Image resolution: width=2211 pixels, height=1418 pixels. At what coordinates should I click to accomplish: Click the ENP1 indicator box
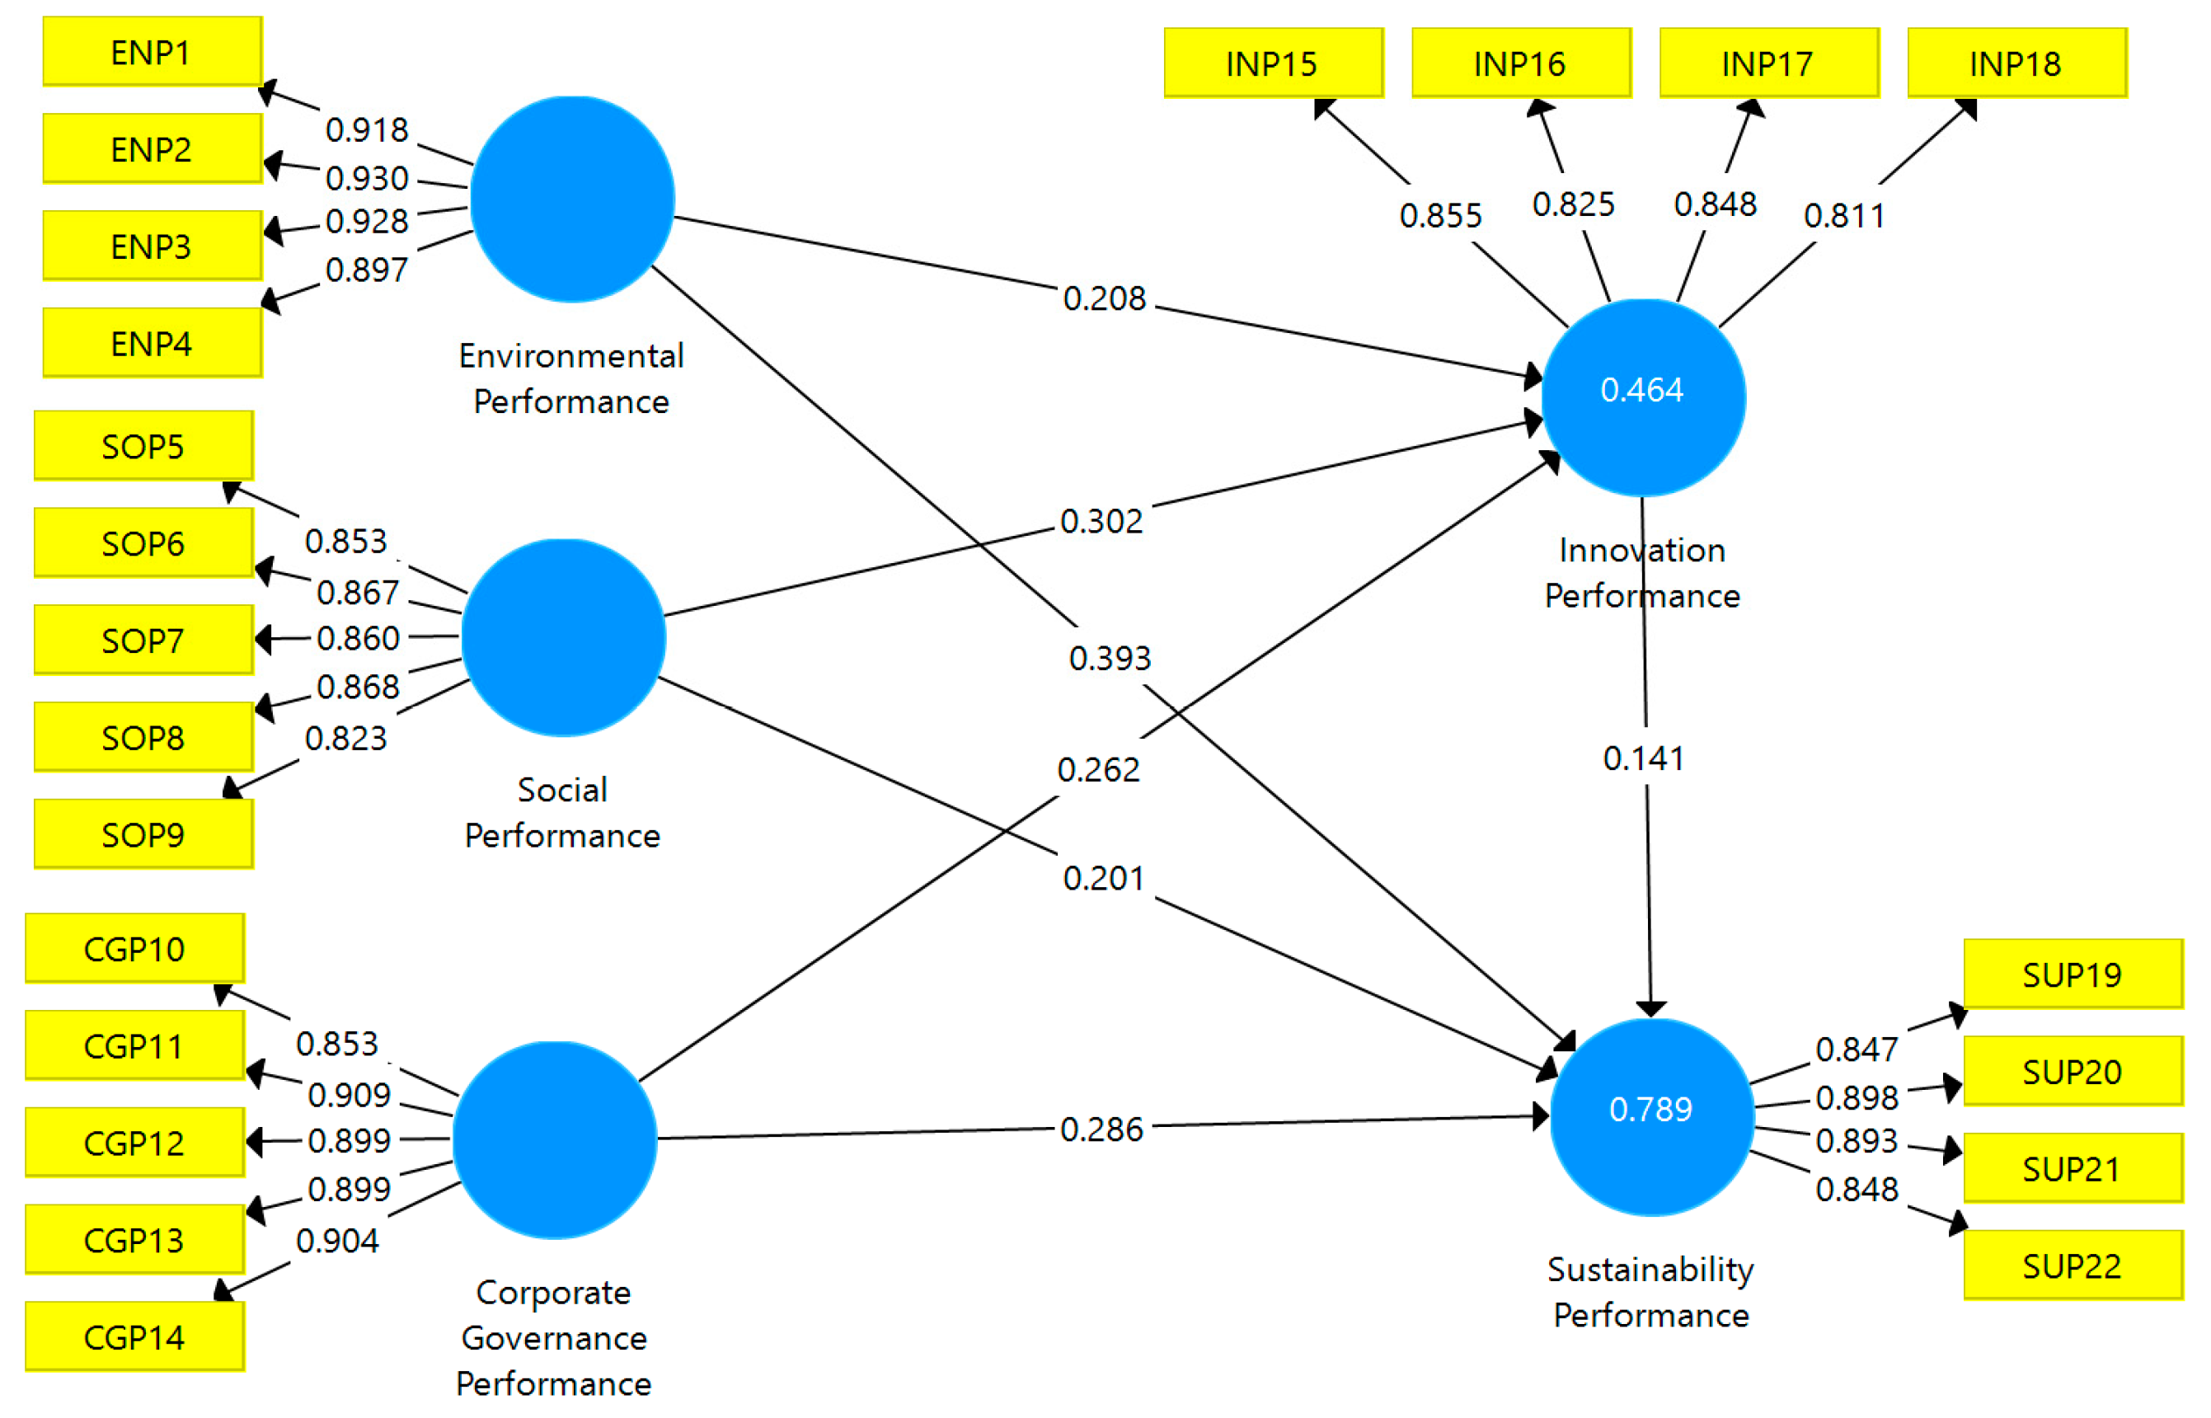click(152, 52)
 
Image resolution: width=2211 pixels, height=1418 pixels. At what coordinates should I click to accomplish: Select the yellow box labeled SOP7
click(143, 640)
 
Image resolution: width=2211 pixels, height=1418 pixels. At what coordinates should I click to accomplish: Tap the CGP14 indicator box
click(134, 1336)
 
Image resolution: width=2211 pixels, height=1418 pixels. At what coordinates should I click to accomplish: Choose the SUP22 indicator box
click(2071, 1265)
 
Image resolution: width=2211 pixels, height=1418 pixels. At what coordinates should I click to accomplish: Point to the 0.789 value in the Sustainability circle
click(1650, 1109)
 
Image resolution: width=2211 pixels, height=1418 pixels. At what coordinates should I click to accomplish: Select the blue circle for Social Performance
click(562, 637)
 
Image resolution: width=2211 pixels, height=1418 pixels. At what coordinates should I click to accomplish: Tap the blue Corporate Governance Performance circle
click(554, 1140)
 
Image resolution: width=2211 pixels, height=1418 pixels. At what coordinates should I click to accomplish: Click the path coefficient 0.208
click(1104, 298)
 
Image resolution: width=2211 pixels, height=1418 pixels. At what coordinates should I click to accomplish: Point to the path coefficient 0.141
click(1643, 758)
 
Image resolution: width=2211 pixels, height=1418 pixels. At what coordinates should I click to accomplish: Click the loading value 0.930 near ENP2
click(366, 178)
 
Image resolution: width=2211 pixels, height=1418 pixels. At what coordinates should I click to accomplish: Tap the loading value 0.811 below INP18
click(1843, 215)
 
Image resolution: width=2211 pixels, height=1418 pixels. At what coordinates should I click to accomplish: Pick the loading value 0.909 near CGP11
click(349, 1095)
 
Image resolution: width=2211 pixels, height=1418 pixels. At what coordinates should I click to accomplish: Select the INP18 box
click(2015, 63)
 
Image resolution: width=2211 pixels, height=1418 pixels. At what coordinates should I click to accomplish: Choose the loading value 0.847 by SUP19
click(1856, 1049)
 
